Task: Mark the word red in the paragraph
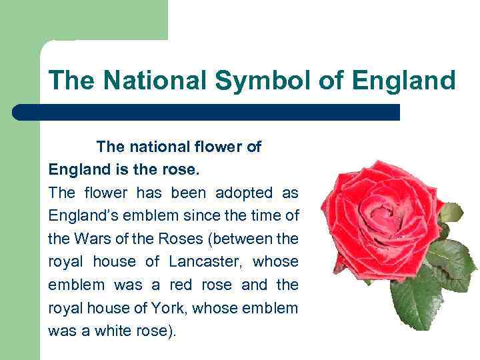tap(181, 285)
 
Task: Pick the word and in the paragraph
tap(254, 285)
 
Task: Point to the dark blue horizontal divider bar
tap(206, 112)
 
